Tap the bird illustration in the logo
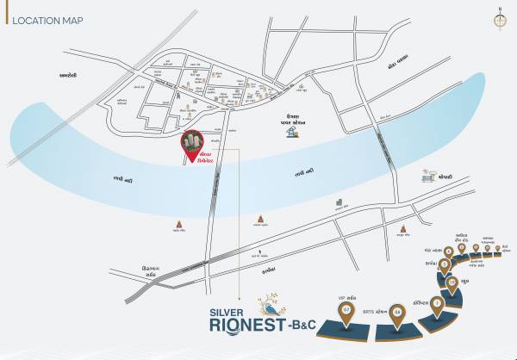[x=276, y=307]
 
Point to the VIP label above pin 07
[x=347, y=293]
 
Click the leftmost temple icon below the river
[x=179, y=226]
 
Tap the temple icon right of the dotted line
[x=260, y=221]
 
